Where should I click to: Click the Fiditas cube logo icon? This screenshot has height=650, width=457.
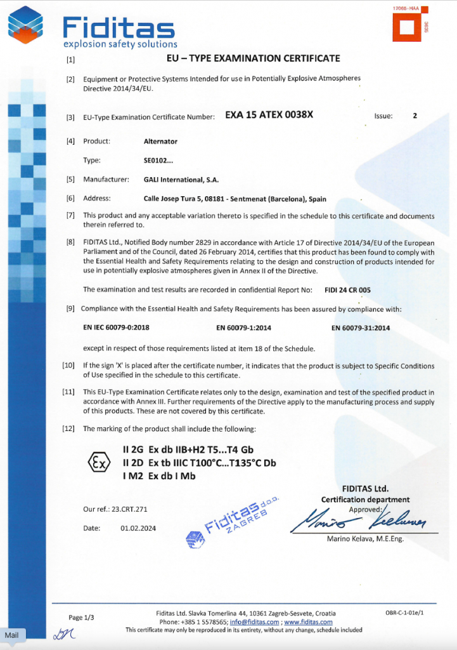25,24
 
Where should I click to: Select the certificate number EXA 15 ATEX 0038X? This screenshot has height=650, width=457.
269,116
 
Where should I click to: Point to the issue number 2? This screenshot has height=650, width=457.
415,116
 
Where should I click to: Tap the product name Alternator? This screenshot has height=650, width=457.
160,141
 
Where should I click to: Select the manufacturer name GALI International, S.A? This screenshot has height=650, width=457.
181,180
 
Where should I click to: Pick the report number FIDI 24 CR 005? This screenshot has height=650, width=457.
347,289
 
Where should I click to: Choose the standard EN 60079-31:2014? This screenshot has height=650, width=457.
361,328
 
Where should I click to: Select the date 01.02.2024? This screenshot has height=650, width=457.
138,528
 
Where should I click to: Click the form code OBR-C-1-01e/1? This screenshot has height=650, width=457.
404,613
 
